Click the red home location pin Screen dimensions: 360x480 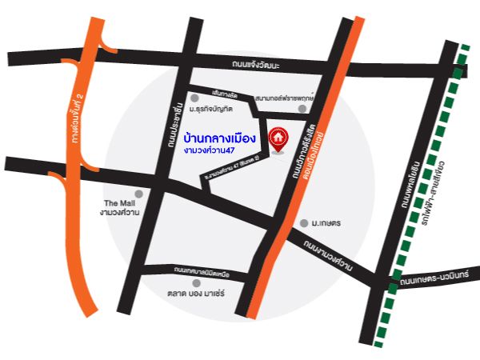(x=278, y=138)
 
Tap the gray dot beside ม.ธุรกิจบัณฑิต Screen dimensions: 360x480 (x=194, y=98)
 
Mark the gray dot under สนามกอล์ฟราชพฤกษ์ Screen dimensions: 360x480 (x=302, y=108)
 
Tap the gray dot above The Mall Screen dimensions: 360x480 (x=138, y=193)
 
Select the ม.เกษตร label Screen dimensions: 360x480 (x=327, y=222)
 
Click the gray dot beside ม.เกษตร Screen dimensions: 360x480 (x=303, y=222)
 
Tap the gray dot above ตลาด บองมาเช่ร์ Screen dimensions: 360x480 (x=196, y=282)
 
